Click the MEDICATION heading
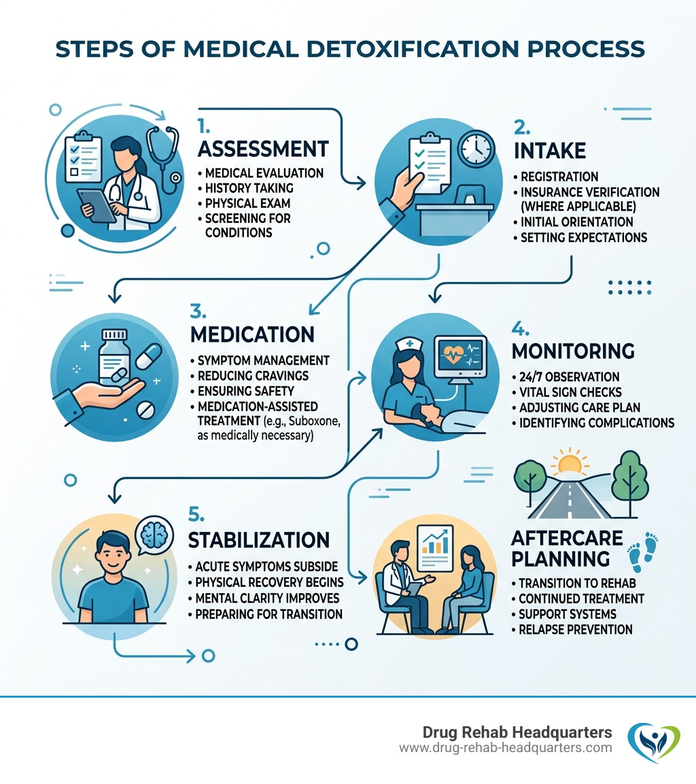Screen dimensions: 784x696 click(x=253, y=334)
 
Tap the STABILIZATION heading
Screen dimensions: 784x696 click(x=258, y=540)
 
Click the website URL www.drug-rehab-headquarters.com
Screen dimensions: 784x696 click(x=506, y=747)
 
